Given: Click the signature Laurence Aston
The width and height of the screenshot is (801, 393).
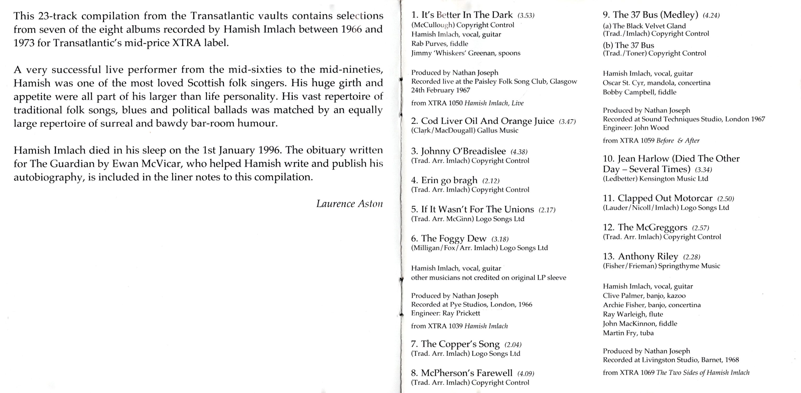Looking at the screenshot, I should [349, 204].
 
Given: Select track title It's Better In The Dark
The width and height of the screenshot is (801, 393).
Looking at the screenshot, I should [466, 15].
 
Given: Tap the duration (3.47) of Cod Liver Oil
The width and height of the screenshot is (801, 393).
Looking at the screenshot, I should [567, 122].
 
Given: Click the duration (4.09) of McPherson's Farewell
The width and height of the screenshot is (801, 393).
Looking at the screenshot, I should [525, 374].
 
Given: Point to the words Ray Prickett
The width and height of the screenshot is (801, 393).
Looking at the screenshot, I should [461, 313].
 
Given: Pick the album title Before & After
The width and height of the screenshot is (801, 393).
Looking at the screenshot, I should [678, 141].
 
